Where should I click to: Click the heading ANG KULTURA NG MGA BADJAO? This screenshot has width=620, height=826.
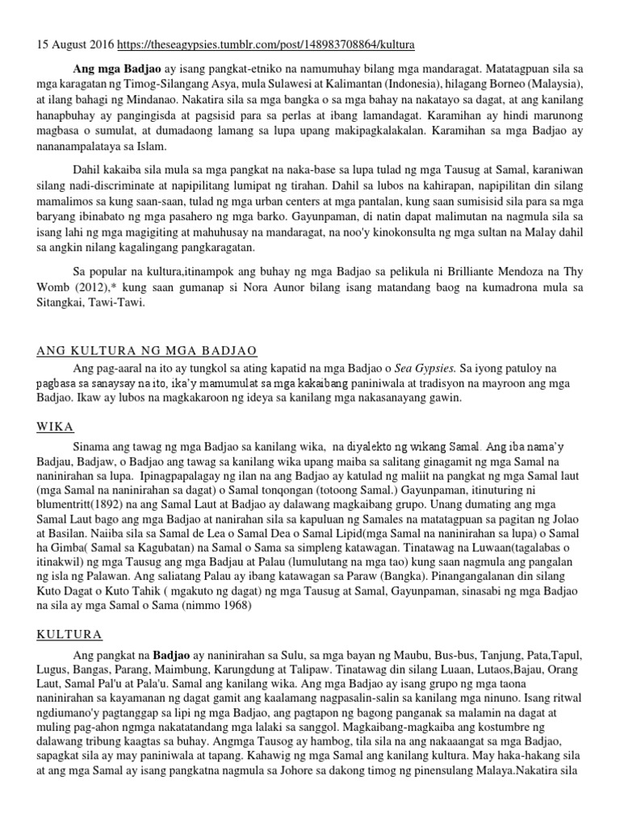(x=147, y=352)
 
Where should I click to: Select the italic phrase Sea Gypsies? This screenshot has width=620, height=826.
(x=435, y=368)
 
